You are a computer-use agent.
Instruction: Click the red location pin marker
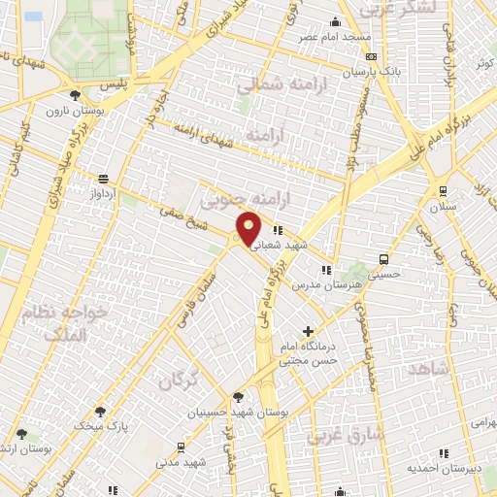(x=249, y=228)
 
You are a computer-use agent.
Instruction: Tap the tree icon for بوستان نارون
(x=76, y=94)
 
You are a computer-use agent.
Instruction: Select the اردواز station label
(x=102, y=193)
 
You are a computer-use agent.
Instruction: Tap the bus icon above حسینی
(x=384, y=259)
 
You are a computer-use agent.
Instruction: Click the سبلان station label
(x=442, y=207)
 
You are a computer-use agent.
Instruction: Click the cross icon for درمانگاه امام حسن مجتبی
(x=309, y=332)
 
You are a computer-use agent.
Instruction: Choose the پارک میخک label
(x=105, y=426)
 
